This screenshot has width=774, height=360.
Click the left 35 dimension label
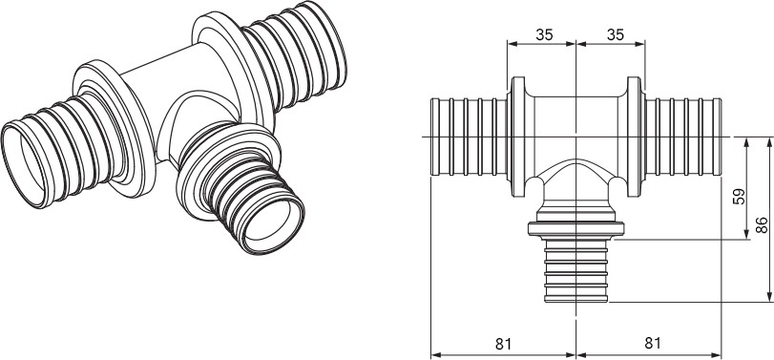[x=544, y=34]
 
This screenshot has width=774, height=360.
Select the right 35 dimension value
[x=616, y=34]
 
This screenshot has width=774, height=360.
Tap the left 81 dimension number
[x=504, y=343]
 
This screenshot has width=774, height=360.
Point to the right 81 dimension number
[x=652, y=343]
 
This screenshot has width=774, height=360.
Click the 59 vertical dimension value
[x=739, y=196]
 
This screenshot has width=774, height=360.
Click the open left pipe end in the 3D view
[x=25, y=163]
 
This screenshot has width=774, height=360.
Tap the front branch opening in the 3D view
[x=274, y=222]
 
